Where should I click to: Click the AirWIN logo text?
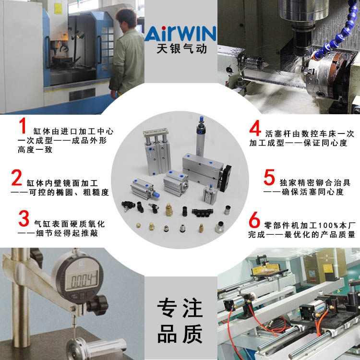click(180, 34)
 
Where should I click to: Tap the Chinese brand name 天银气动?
click(180, 49)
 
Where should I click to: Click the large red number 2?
click(17, 178)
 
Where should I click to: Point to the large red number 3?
click(24, 218)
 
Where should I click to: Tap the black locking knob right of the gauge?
click(99, 303)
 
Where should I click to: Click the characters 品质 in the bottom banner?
click(180, 335)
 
